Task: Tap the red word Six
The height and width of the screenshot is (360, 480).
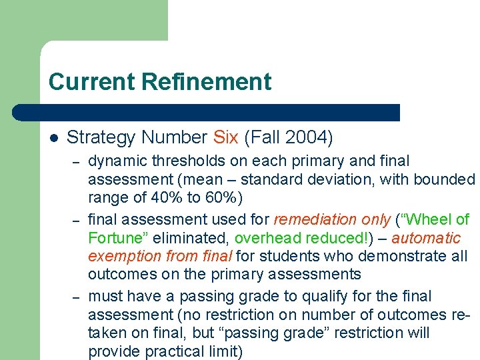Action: click(226, 137)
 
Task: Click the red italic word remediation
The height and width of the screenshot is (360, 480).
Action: click(313, 219)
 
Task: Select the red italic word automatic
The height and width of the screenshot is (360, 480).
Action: click(426, 238)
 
